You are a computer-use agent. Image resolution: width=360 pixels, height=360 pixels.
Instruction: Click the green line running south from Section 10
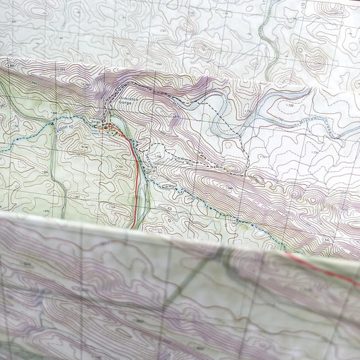pos(57,175)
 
